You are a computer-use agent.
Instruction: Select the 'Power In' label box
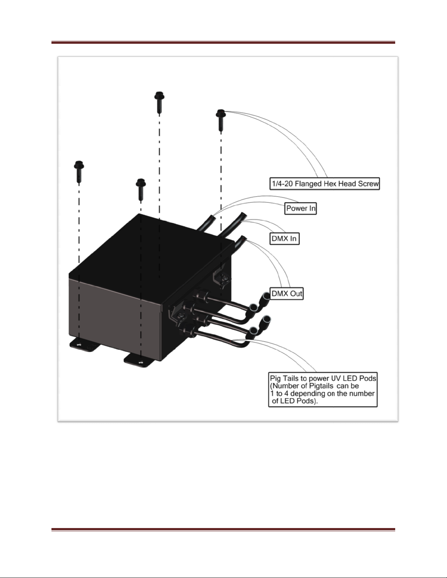tap(300, 209)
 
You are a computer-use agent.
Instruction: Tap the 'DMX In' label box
tap(284, 239)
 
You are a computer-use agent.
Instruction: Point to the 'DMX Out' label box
tap(287, 293)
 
